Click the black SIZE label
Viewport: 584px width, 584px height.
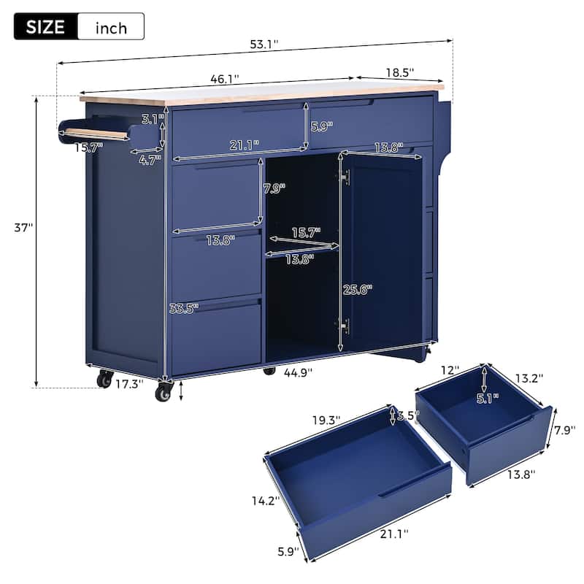coord(45,27)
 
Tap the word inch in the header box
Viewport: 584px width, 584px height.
coord(110,28)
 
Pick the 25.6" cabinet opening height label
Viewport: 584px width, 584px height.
coord(358,289)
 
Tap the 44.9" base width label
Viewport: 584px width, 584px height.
coord(298,372)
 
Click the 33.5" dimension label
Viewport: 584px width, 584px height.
coord(184,308)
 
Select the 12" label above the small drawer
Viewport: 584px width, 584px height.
coord(450,371)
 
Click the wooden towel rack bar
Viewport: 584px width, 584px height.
coord(95,134)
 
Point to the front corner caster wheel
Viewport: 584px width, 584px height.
coord(163,393)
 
